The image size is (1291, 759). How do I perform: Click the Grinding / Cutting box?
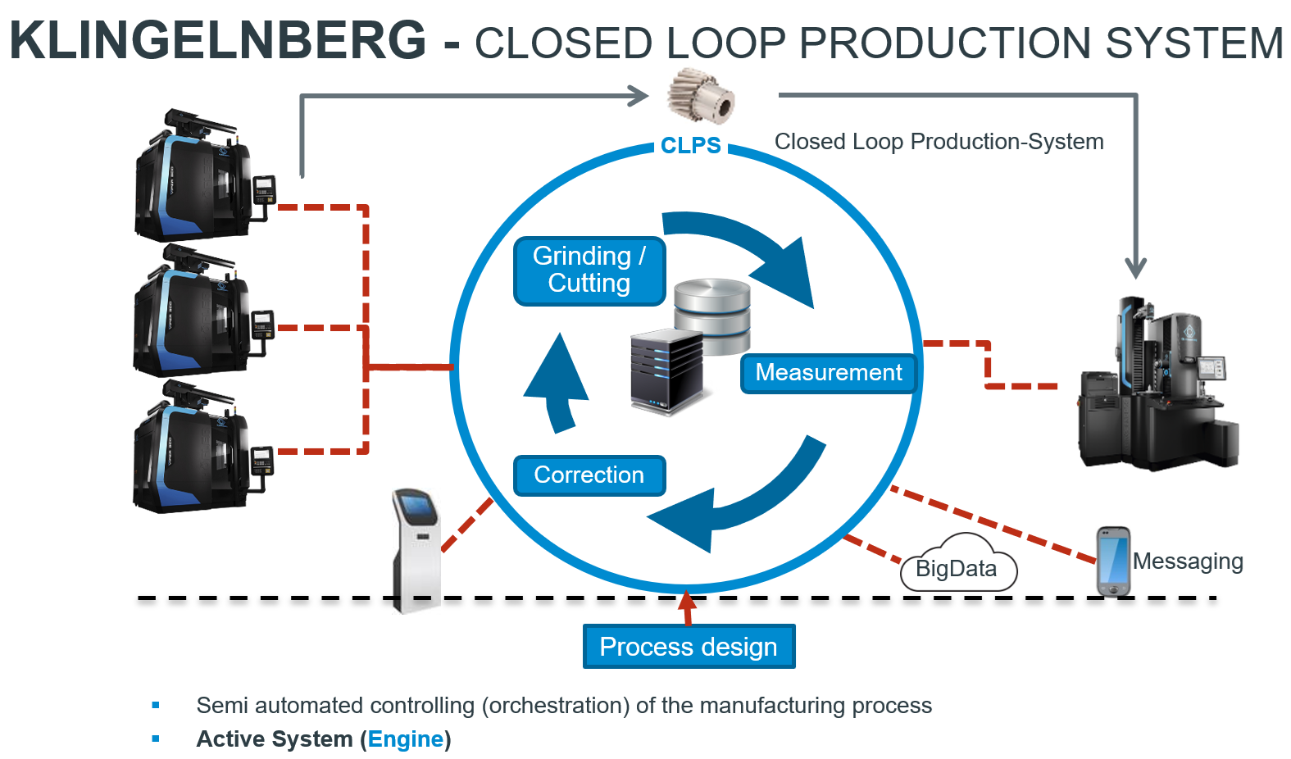[x=589, y=270]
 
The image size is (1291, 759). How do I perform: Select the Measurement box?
[x=828, y=373]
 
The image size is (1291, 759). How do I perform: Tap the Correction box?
[x=589, y=475]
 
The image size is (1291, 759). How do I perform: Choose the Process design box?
[x=689, y=647]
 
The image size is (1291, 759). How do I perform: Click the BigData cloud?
[x=957, y=566]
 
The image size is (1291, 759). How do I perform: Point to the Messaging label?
[x=1188, y=561]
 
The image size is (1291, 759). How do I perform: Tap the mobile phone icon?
[x=1113, y=561]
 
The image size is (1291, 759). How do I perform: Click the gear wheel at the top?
[x=700, y=96]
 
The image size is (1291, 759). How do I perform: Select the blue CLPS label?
[x=691, y=146]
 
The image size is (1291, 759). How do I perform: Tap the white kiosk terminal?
[x=416, y=549]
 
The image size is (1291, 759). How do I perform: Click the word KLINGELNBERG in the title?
[x=218, y=40]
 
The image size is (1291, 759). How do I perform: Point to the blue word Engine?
[x=406, y=739]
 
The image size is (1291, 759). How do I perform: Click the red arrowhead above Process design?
[x=688, y=602]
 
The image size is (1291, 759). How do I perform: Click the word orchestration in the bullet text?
[x=555, y=706]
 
